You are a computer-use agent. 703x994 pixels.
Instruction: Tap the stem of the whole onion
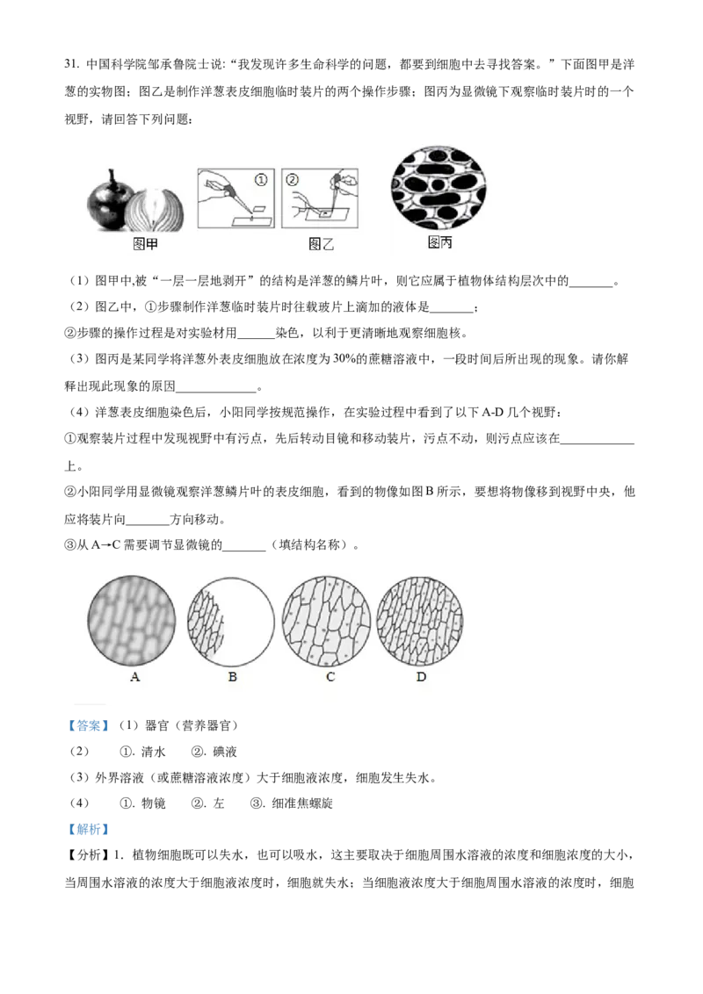point(112,173)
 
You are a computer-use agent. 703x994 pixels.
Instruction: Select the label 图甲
point(145,245)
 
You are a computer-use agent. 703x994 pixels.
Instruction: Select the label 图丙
point(439,243)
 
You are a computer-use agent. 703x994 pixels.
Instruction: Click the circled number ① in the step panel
point(260,179)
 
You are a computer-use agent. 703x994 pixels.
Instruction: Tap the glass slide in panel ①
point(251,220)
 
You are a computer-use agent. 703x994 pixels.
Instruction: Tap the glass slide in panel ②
point(327,213)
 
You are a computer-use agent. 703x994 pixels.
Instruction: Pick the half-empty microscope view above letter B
point(232,620)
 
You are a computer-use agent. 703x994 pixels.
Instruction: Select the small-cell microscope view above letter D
point(420,620)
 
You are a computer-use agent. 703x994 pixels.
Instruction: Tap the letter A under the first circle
point(134,678)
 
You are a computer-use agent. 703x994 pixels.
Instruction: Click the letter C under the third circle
point(330,678)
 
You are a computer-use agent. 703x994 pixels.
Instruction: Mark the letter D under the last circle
point(421,678)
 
